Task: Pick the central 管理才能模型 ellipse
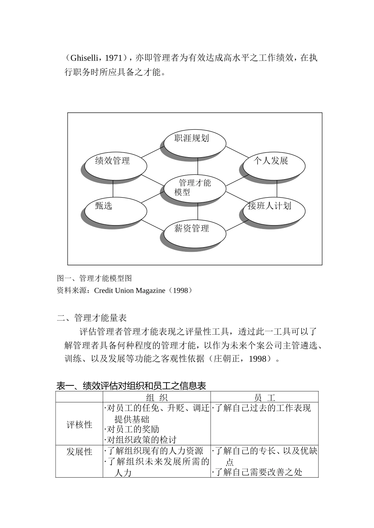[194, 188]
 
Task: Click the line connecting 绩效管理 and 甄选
[113, 189]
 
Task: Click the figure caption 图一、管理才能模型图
[94, 278]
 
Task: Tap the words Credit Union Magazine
[130, 291]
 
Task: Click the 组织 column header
[157, 397]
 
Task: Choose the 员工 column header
[265, 397]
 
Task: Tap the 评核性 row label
[79, 425]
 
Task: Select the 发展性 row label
[79, 452]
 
